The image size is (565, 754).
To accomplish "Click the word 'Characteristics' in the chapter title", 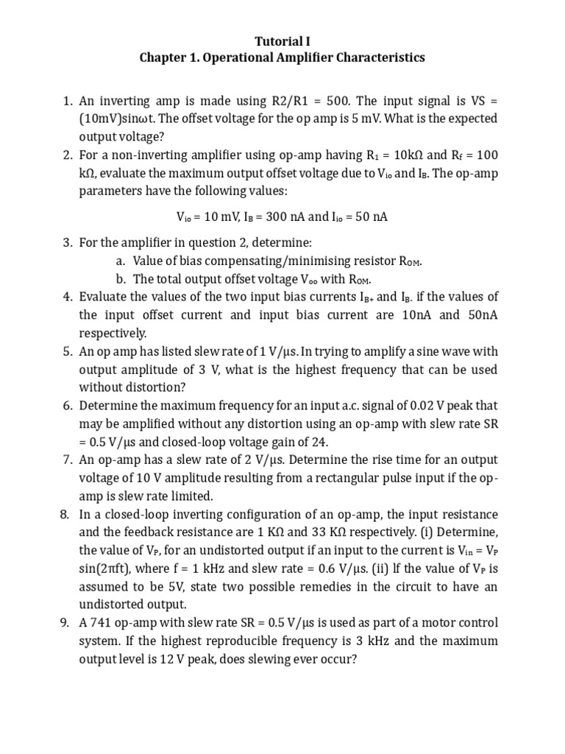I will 380,57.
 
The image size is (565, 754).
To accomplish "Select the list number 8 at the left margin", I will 65,513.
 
